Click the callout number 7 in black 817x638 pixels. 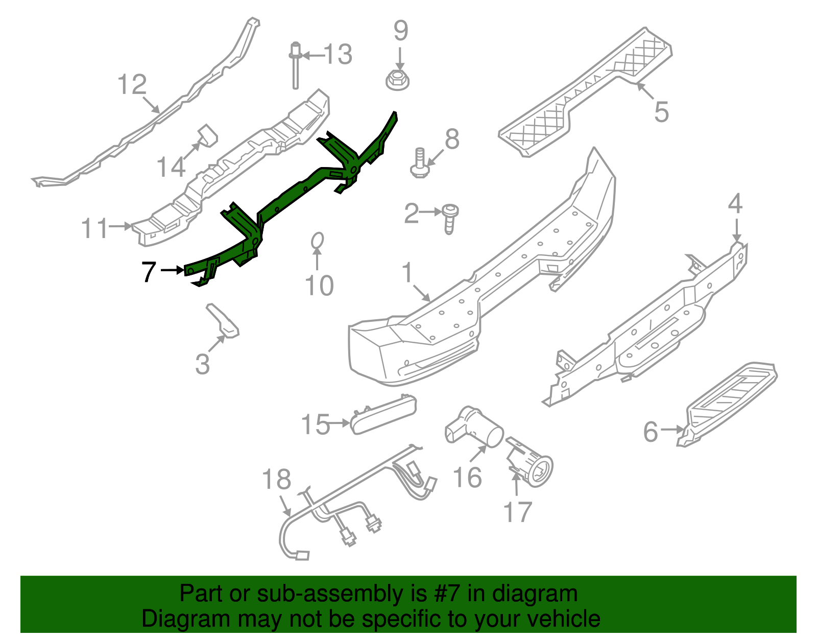(x=149, y=271)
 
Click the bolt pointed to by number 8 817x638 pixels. (x=419, y=163)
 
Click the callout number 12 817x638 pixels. (x=132, y=85)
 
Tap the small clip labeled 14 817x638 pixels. (x=207, y=135)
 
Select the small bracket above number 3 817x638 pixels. (x=223, y=321)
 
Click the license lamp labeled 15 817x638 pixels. (x=383, y=414)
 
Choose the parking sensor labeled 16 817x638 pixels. (x=472, y=427)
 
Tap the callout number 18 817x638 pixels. (x=276, y=480)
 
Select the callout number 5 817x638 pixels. (x=661, y=112)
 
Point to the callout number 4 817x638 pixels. (x=735, y=204)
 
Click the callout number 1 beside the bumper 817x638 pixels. (x=407, y=273)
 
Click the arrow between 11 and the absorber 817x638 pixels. (x=121, y=226)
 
